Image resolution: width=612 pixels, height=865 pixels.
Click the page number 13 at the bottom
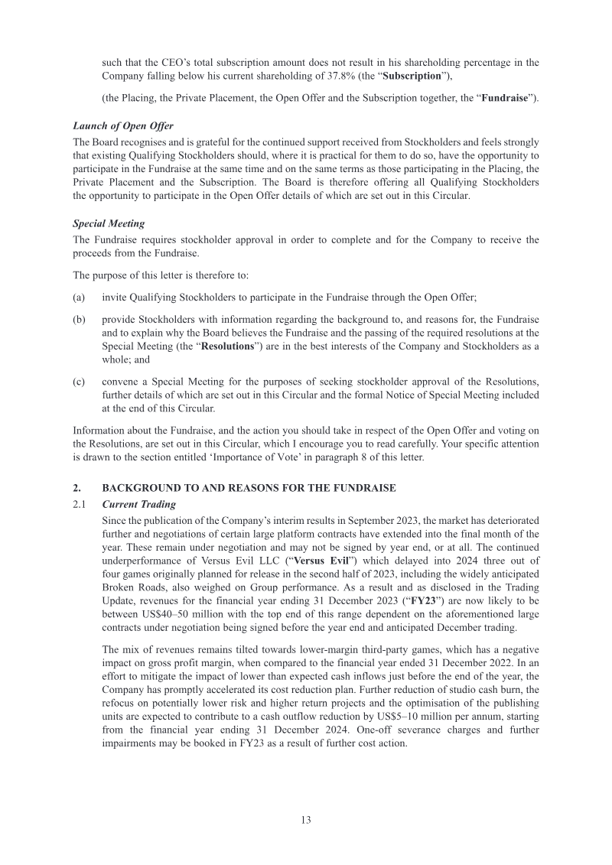click(305, 820)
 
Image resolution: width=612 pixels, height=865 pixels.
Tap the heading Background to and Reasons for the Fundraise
click(249, 488)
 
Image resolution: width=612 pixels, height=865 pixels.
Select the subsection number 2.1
click(80, 505)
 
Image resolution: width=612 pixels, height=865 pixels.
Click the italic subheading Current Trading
click(138, 505)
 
